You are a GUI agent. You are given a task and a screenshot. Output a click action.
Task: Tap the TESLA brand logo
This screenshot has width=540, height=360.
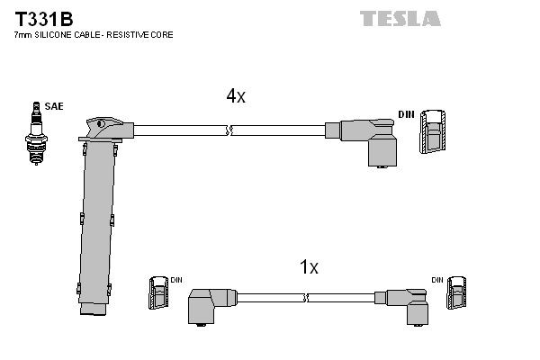tap(400, 17)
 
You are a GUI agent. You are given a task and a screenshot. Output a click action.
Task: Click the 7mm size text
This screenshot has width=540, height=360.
tap(23, 34)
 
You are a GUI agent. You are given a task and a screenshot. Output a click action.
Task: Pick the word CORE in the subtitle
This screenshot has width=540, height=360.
tap(162, 34)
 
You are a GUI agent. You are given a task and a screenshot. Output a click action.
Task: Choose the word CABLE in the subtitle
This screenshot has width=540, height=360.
tap(88, 34)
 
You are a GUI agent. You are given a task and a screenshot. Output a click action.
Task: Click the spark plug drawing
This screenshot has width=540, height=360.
tap(36, 135)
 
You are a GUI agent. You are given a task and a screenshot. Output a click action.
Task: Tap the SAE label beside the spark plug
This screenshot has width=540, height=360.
tap(54, 106)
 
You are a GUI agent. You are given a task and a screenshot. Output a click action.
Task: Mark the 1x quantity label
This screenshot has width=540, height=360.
tap(309, 267)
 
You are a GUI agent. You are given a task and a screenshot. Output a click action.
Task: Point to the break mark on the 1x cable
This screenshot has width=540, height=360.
tap(306, 297)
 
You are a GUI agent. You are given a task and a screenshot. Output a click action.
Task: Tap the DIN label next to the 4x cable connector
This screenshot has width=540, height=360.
tap(407, 113)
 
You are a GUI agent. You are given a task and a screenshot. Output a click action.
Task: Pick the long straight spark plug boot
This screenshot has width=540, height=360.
tap(96, 225)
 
